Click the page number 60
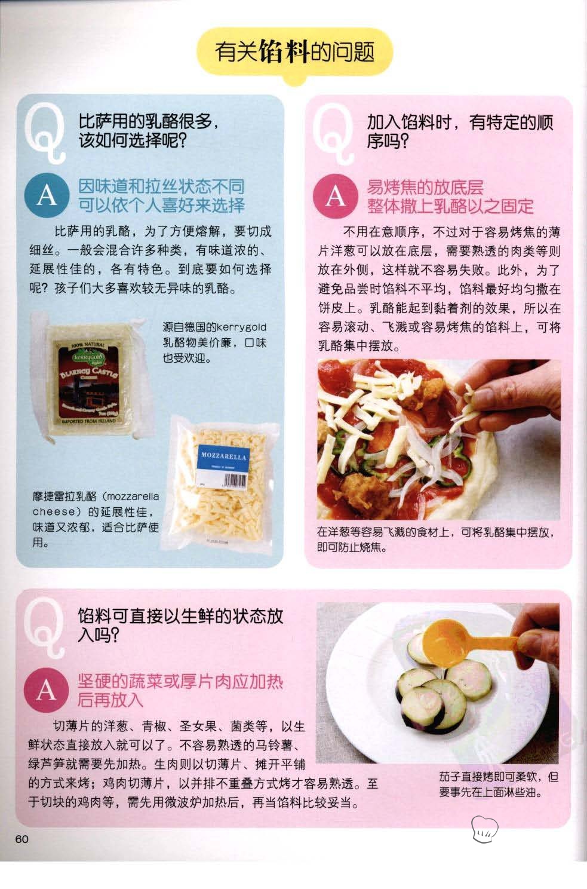22,839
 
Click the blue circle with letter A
47,195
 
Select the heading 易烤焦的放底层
425,187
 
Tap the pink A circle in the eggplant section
47,690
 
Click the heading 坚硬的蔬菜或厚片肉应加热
180,682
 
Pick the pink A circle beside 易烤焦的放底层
336,196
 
